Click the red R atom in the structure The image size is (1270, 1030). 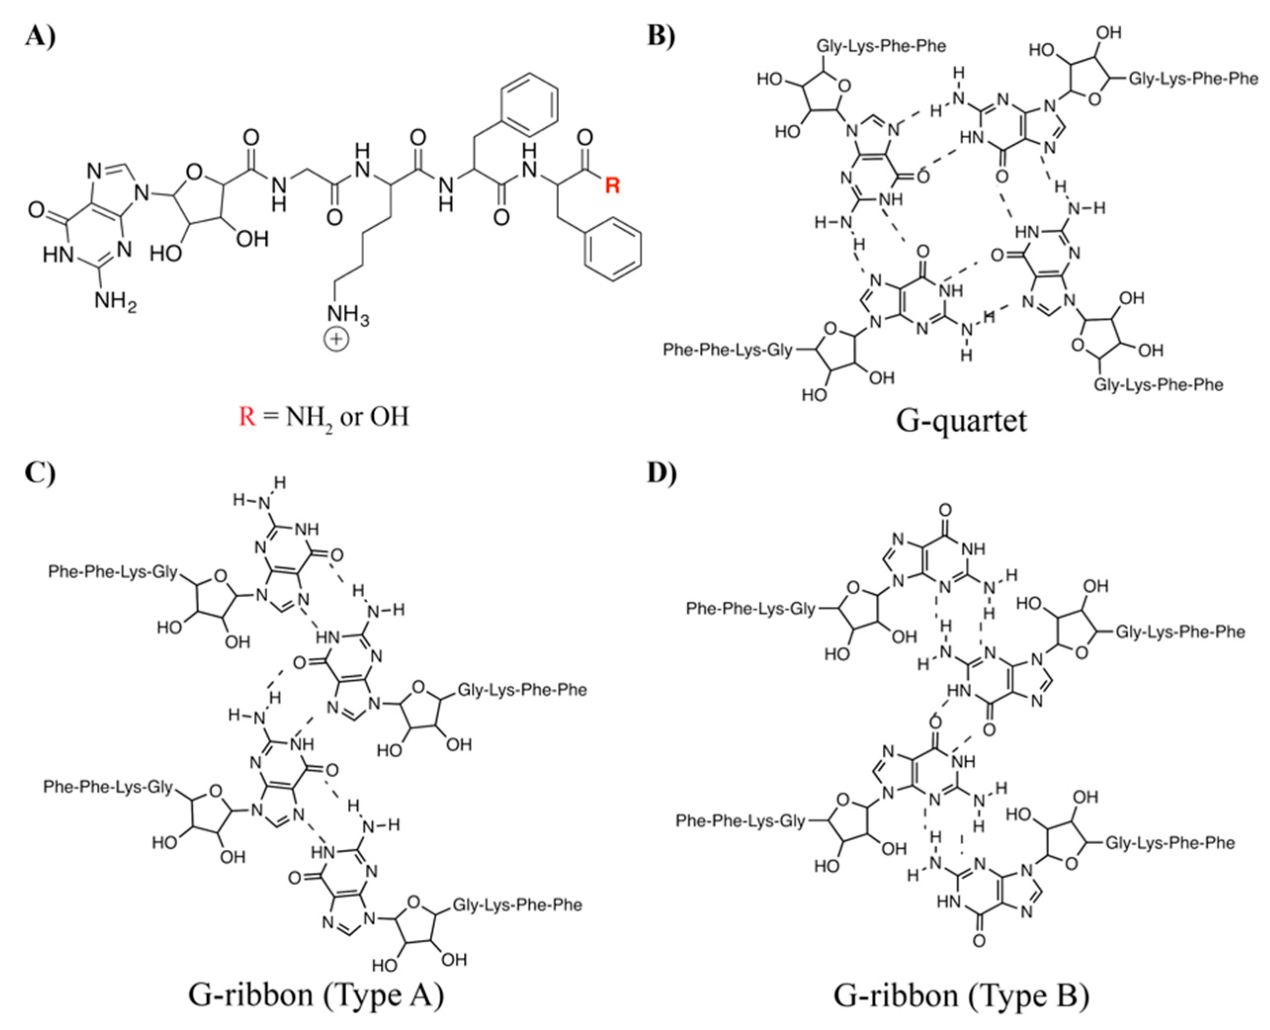pos(612,186)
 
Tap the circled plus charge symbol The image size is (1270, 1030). pos(336,339)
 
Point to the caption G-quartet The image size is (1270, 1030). pos(961,420)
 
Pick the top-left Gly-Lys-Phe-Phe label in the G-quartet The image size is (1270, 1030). pos(881,45)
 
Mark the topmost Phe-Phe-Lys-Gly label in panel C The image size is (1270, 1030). pos(113,572)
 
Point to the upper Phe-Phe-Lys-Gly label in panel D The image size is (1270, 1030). pos(750,609)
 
